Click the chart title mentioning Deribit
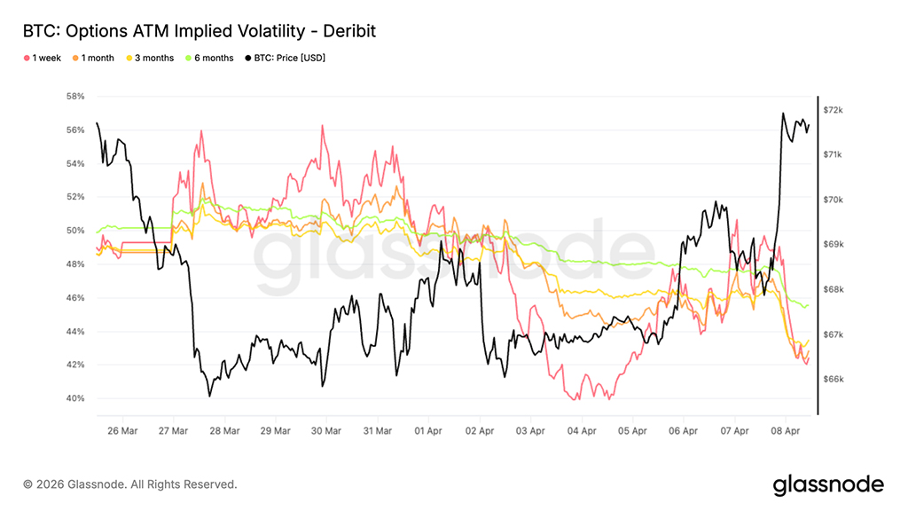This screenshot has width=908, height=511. tap(199, 31)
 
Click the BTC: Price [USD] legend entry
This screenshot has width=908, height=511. tap(281, 58)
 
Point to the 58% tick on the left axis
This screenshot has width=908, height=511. tap(74, 96)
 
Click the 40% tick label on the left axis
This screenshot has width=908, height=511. tap(74, 398)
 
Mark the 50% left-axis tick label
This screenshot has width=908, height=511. tap(74, 231)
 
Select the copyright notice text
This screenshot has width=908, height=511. tap(130, 484)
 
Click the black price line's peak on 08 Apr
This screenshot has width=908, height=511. tap(783, 114)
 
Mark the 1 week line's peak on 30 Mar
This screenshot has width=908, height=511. tap(322, 126)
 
